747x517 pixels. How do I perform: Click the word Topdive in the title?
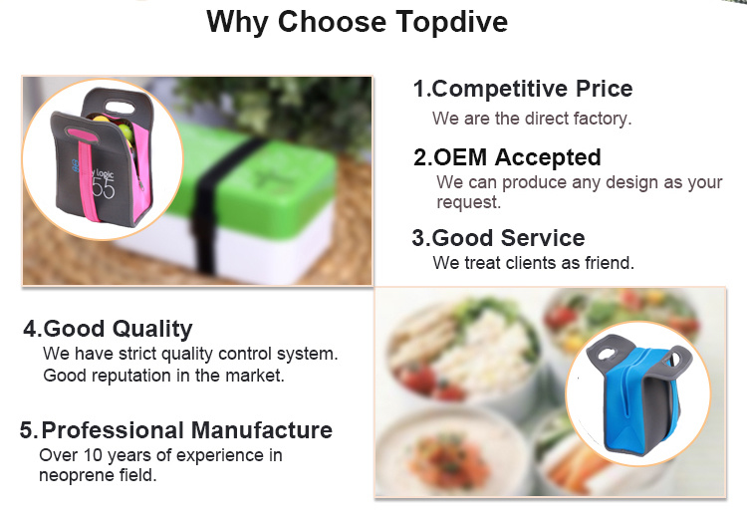(451, 22)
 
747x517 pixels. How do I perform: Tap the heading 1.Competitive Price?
(523, 89)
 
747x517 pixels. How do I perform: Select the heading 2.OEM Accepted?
(507, 157)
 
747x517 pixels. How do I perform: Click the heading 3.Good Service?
(498, 238)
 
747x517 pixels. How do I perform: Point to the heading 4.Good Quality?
(109, 329)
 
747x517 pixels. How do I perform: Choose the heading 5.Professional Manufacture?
(175, 430)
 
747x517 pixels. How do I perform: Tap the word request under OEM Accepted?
(469, 202)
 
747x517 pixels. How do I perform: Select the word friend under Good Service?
(610, 263)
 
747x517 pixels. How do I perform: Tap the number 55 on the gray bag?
(104, 188)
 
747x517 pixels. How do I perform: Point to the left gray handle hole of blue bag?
(607, 354)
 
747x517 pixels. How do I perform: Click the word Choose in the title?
(332, 22)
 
